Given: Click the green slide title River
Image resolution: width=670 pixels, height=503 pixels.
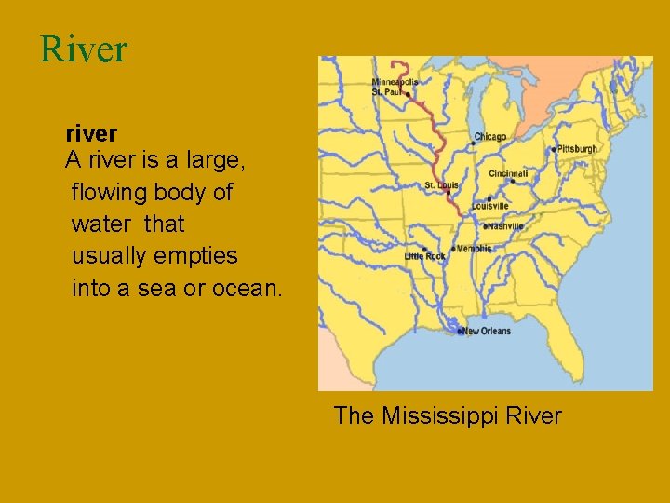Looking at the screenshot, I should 83,49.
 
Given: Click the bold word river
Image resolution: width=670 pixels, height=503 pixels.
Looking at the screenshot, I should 91,134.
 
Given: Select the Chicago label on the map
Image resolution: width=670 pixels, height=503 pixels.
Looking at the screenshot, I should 490,137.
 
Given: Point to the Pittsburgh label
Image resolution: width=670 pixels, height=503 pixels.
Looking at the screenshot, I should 577,149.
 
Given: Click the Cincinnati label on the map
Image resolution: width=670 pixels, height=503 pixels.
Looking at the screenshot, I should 508,173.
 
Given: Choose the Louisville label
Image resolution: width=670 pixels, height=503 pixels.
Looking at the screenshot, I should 490,206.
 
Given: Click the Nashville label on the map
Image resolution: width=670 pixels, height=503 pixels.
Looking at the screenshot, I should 504,225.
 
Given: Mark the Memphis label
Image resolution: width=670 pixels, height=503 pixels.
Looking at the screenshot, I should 474,249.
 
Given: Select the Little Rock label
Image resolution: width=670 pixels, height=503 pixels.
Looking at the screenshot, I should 424,256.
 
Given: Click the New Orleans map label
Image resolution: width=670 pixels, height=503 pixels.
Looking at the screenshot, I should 487,331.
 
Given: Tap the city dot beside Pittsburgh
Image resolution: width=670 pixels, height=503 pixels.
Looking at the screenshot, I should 554,150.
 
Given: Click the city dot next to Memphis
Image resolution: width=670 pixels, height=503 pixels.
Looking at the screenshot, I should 453,249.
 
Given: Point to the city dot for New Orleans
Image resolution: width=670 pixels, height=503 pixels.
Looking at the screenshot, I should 459,331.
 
